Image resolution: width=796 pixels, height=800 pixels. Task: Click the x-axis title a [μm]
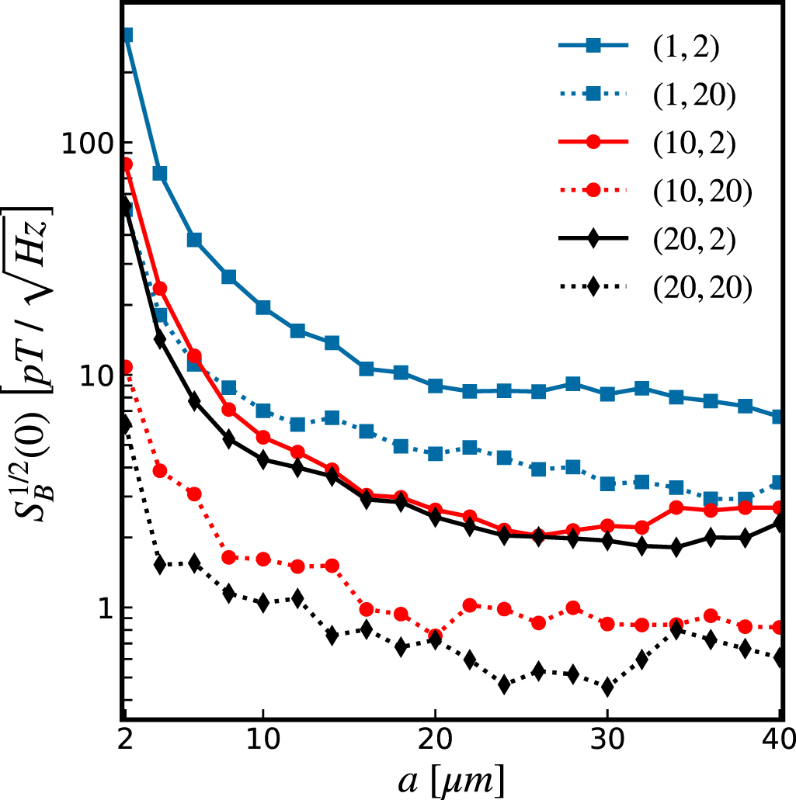click(x=451, y=779)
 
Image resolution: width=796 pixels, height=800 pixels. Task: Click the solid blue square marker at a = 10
click(x=263, y=308)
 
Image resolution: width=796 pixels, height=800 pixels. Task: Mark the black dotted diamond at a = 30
click(x=607, y=687)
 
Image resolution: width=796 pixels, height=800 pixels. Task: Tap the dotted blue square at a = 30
click(x=607, y=484)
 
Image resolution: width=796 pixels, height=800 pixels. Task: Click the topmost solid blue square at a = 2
click(x=126, y=35)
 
